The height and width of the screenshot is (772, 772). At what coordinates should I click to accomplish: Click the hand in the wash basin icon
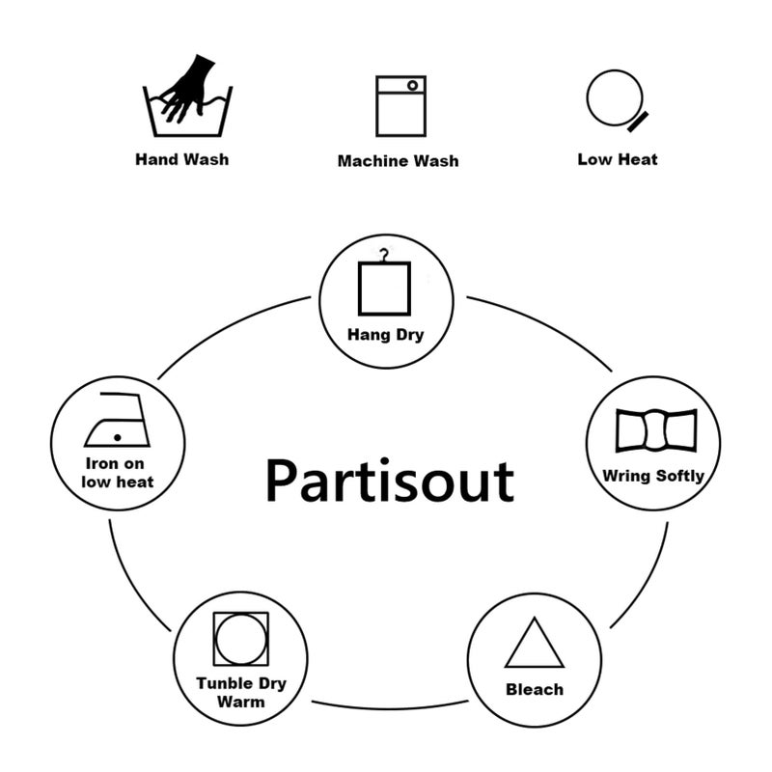pos(189,89)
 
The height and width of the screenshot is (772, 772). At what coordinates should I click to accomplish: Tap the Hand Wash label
pos(182,159)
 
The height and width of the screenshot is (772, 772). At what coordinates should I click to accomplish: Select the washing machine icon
pos(400,106)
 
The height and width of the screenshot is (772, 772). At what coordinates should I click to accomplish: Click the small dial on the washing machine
pos(413,86)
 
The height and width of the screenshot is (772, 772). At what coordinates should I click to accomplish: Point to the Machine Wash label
pos(398,161)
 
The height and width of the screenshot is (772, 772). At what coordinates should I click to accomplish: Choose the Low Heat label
pos(618,159)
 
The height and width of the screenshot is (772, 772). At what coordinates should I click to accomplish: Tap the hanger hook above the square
pos(384,256)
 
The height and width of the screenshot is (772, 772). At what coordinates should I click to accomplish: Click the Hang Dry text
pos(385,335)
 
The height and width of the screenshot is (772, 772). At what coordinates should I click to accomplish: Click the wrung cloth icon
pos(656,429)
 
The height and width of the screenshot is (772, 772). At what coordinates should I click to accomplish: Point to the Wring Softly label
pos(653,476)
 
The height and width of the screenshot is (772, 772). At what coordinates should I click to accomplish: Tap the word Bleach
pos(535,689)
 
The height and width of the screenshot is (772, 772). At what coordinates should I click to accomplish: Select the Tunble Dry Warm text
pos(241,692)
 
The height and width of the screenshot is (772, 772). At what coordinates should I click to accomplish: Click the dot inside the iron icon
pos(117,437)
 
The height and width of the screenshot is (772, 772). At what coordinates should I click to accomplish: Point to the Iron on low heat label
pos(117,473)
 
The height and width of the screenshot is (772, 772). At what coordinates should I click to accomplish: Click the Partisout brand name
pos(390,481)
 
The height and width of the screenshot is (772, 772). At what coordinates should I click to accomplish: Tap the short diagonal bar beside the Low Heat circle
pos(638,123)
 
